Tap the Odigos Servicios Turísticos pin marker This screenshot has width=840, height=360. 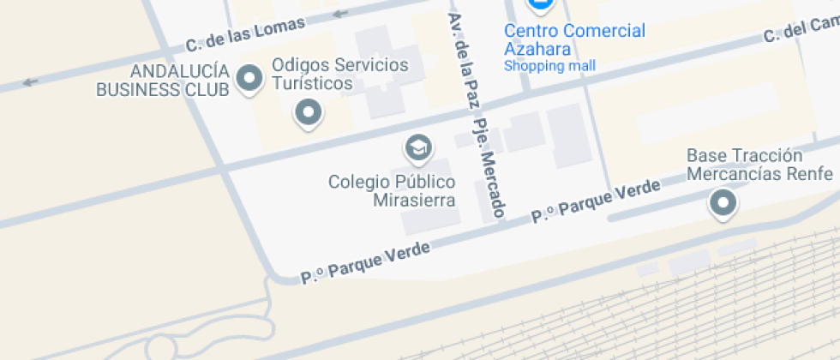[308, 111]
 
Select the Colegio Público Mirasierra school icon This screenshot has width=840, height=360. [417, 148]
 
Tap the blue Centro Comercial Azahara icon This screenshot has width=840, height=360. [540, 4]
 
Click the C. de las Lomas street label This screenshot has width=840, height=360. [245, 34]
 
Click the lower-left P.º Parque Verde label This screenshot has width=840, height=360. [364, 261]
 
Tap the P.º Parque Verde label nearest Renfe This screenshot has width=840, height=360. [597, 201]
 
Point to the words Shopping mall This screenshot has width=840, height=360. [549, 66]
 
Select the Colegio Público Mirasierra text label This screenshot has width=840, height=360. [392, 191]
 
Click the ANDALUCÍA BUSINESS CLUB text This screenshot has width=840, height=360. [163, 79]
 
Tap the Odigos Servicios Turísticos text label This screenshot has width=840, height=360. [339, 74]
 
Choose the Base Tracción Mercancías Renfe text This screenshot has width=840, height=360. [759, 165]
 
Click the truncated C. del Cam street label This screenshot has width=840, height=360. [801, 33]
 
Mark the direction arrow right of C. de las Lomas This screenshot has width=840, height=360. [341, 13]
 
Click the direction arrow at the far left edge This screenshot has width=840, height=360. [31, 82]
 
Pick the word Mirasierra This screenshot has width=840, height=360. [414, 201]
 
